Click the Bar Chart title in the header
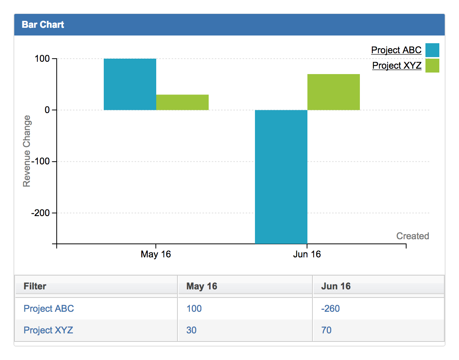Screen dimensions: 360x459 coord(43,25)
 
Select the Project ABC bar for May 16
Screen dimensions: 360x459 coord(130,84)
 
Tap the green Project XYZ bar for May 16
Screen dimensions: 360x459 coord(182,102)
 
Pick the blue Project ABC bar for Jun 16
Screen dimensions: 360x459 coord(281,177)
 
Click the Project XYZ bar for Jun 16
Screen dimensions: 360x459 coord(333,92)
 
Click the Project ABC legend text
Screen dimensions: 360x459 coord(396,50)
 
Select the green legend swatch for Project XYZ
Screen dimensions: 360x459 coord(432,66)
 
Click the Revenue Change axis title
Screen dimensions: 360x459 coord(27,151)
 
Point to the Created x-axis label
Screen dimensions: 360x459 coord(412,236)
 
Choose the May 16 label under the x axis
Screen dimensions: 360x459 coord(155,254)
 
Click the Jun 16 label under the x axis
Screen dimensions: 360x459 coord(307,254)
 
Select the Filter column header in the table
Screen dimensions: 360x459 coord(35,286)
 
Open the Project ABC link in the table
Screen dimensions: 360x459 coord(49,309)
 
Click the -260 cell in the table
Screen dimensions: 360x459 coord(330,309)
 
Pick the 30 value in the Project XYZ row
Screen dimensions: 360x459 coord(191,330)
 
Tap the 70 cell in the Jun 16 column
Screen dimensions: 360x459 coord(326,330)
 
